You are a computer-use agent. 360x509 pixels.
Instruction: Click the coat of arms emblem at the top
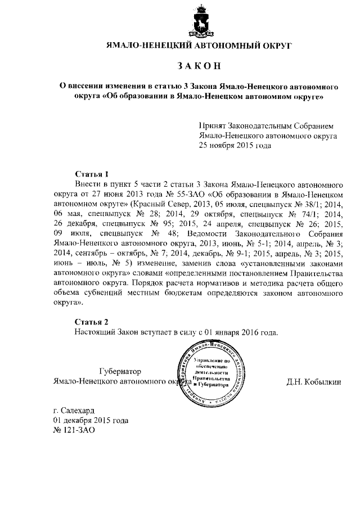(200, 21)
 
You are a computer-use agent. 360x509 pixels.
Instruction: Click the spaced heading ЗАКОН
(200, 65)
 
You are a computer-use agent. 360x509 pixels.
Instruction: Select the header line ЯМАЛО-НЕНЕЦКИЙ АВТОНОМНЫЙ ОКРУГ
(199, 44)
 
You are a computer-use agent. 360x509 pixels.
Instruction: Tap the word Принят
(212, 127)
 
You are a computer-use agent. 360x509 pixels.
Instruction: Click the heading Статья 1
(91, 174)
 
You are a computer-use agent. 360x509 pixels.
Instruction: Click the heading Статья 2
(91, 322)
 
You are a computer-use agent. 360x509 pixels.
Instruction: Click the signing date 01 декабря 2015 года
(90, 420)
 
